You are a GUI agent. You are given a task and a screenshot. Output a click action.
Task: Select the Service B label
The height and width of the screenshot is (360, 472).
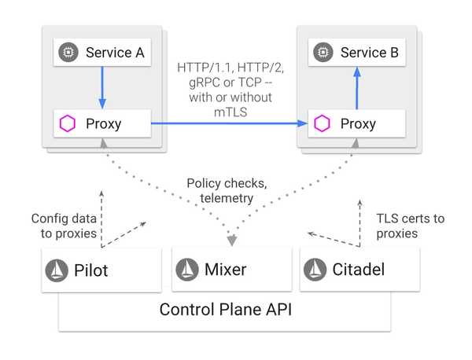369,53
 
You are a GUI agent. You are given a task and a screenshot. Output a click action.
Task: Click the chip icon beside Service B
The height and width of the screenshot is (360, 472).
321,53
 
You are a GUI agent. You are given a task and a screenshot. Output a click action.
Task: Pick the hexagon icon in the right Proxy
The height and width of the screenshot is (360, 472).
321,123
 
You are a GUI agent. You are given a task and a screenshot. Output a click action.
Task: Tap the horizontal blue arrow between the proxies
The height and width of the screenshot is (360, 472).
228,123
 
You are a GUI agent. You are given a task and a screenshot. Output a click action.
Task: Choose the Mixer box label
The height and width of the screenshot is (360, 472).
226,270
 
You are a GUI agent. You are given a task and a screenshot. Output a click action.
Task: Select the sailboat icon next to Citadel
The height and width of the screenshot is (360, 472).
319,270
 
